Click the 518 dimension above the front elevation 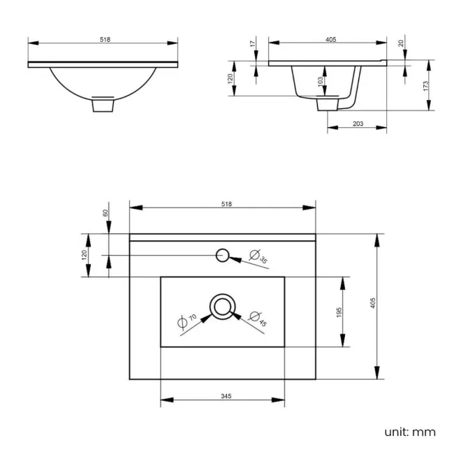[104, 39]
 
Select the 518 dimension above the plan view [226, 203]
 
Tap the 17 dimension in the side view [253, 44]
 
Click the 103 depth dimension [321, 80]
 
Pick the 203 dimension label [358, 124]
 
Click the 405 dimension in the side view [330, 39]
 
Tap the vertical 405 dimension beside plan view [373, 303]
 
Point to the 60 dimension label [106, 212]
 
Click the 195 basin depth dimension [338, 312]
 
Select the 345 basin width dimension [226, 396]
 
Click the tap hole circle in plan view [223, 255]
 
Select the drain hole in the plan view [223, 306]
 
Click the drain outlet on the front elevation [103, 105]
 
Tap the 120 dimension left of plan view [85, 254]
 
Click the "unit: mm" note [409, 432]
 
